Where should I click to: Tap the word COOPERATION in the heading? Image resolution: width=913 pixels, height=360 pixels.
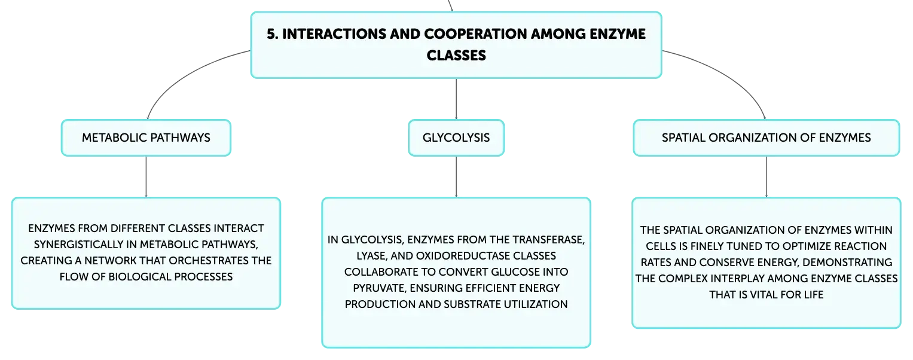click(475, 34)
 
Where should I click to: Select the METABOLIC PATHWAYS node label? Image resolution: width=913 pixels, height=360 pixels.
click(146, 138)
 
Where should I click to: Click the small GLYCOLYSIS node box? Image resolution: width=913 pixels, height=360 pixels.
click(456, 138)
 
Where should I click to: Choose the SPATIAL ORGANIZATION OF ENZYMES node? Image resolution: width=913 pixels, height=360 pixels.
click(767, 138)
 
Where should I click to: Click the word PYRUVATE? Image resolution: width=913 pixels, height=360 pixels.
click(380, 288)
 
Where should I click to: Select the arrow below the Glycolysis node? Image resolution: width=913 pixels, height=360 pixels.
click(456, 177)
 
